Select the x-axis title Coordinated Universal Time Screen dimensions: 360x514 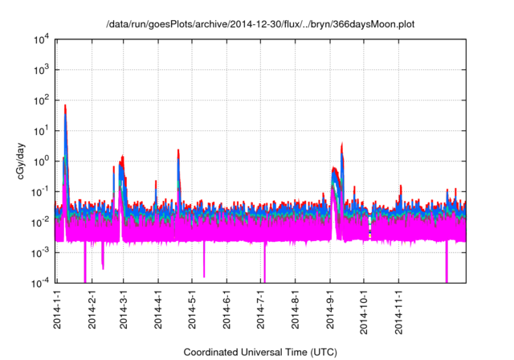[260, 352]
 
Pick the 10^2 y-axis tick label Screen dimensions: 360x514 [41, 100]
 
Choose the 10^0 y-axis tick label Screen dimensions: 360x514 [41, 161]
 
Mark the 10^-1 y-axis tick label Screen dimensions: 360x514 [41, 191]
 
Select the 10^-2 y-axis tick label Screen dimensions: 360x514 [41, 222]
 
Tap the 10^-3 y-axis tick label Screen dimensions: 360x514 [41, 252]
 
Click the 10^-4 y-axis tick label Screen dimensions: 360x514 [41, 282]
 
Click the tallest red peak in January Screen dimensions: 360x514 [65, 105]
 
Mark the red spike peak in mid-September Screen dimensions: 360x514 [343, 144]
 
